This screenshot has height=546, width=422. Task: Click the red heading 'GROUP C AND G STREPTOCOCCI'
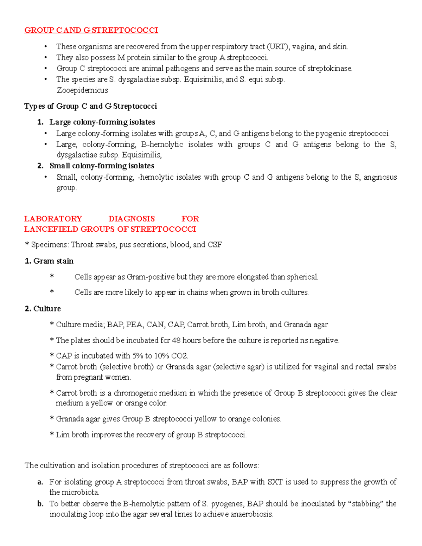(x=91, y=30)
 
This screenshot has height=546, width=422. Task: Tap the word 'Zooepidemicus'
(x=82, y=90)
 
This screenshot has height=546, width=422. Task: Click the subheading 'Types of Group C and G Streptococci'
(x=90, y=106)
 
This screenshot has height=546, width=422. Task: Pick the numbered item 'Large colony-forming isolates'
(x=102, y=122)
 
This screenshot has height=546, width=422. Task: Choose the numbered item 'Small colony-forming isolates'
(x=102, y=166)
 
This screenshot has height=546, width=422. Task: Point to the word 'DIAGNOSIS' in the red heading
(x=132, y=219)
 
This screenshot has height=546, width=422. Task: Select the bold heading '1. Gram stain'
(x=49, y=261)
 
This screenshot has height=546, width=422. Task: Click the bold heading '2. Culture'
(x=43, y=309)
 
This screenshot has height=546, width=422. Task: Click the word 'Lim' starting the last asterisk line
(x=63, y=435)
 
